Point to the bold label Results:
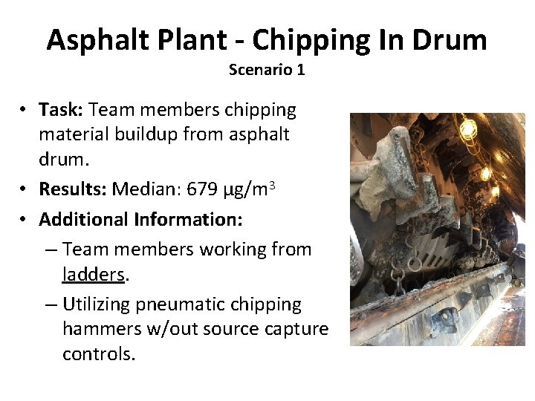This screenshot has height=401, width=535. pos(73,189)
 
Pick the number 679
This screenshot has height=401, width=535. pos(202,189)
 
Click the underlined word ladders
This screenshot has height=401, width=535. pos(94,275)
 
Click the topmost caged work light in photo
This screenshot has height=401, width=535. pos(467,130)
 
